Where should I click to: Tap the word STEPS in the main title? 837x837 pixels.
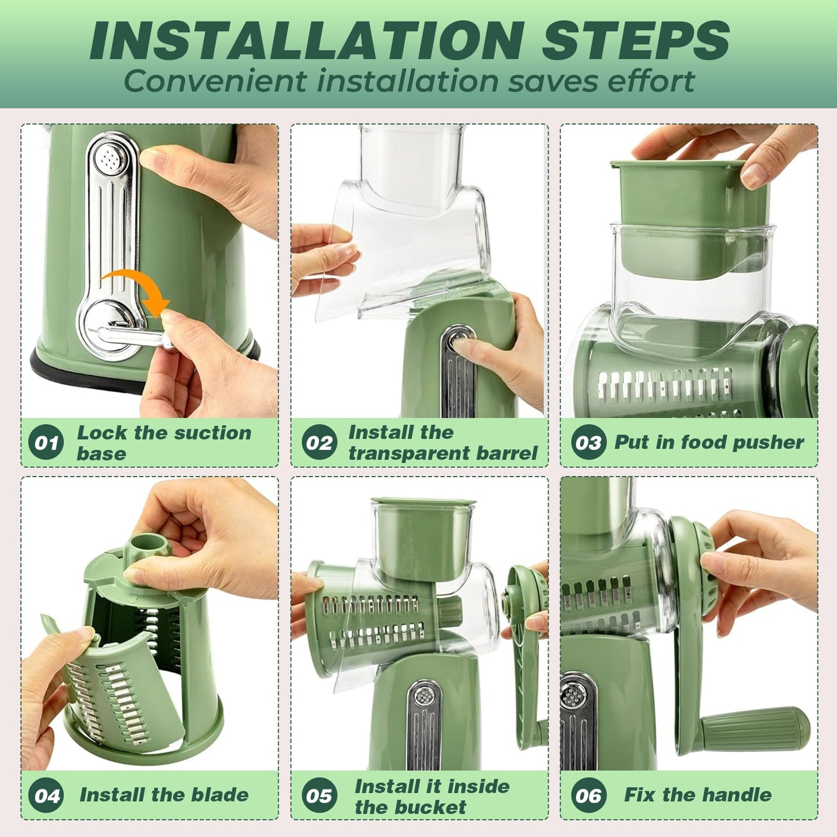pos(635,41)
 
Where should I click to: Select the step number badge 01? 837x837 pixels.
pos(46,443)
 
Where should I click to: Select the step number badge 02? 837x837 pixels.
pos(319,443)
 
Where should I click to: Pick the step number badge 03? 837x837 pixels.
pos(589,443)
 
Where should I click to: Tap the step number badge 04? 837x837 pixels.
pos(46,795)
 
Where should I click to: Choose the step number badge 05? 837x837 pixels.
pos(319,795)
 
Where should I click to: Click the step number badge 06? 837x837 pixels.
pos(589,795)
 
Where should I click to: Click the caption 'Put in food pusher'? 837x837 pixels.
pos(709,443)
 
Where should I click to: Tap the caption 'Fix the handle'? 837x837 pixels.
pos(697,795)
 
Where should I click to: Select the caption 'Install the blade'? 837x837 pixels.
pos(164,795)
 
